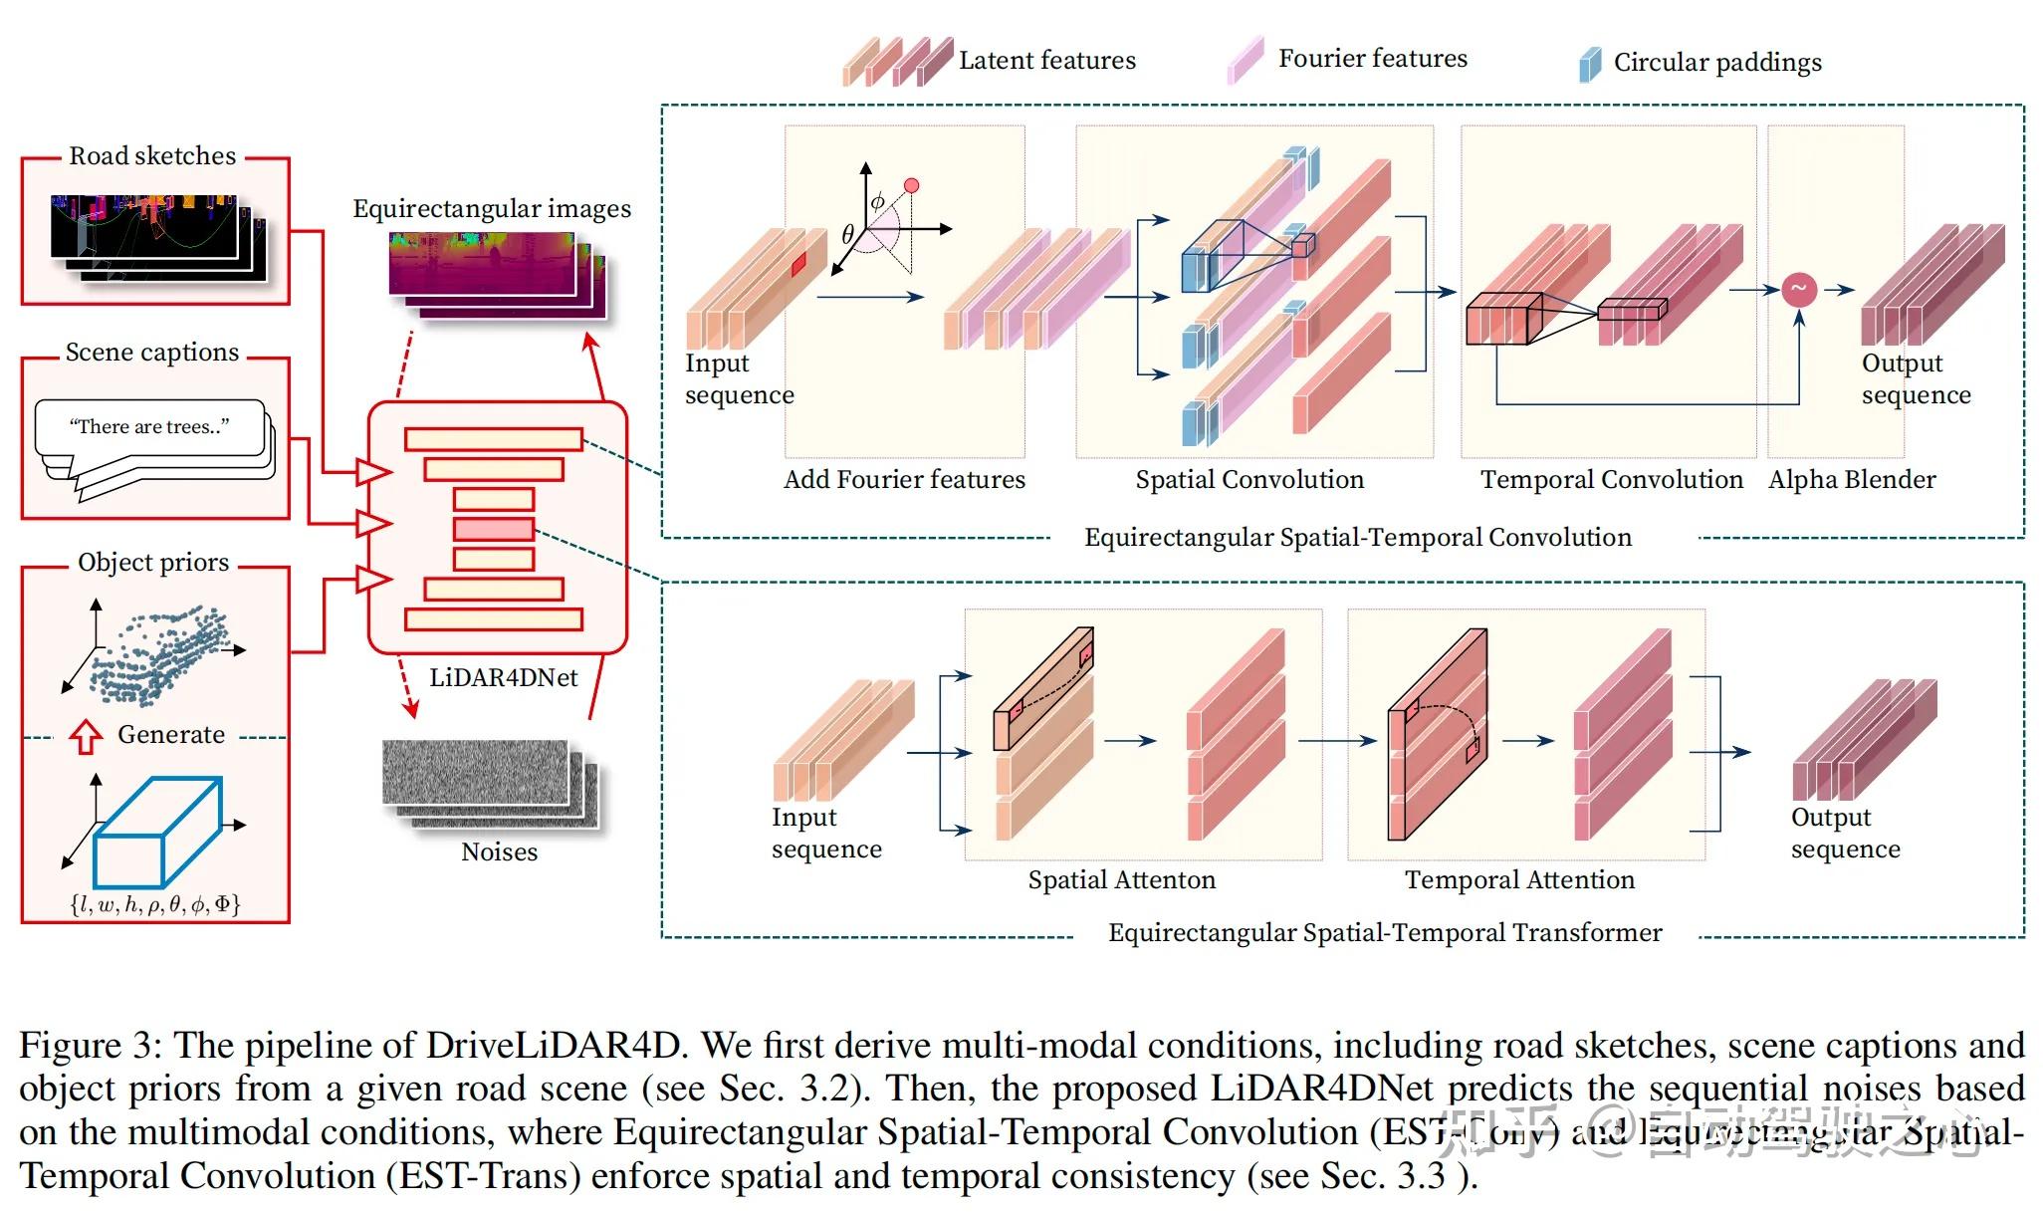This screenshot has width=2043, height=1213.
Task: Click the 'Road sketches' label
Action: (x=152, y=156)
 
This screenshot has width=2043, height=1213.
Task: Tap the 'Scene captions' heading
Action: (x=152, y=353)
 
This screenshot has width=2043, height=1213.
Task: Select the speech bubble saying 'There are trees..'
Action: (x=149, y=428)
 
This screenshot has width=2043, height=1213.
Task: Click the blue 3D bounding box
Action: (x=156, y=832)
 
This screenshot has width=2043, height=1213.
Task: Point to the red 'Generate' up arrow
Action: (x=87, y=736)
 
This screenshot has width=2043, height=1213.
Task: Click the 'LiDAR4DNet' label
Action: (x=503, y=678)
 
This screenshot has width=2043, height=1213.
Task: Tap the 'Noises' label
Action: (x=499, y=852)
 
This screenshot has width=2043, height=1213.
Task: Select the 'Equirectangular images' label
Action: (x=492, y=209)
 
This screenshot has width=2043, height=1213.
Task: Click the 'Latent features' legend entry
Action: (x=1046, y=61)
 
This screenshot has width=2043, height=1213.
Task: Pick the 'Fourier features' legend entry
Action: (x=1372, y=59)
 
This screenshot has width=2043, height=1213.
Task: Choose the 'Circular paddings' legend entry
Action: (x=1716, y=63)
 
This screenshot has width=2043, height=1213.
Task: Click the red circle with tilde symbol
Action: (x=1799, y=290)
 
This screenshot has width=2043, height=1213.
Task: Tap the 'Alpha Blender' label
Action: (x=1852, y=480)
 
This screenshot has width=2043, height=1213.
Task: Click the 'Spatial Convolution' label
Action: (x=1249, y=480)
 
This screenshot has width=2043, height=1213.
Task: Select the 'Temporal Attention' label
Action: (x=1519, y=880)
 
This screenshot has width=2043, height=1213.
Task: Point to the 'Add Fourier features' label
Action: (x=904, y=480)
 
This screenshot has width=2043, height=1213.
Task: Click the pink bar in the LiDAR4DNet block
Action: (x=494, y=529)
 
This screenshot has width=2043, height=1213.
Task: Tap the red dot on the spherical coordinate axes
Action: (x=911, y=185)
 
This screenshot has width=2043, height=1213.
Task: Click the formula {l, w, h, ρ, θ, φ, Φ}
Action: (x=155, y=904)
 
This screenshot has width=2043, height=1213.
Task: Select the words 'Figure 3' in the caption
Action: (x=89, y=1046)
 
